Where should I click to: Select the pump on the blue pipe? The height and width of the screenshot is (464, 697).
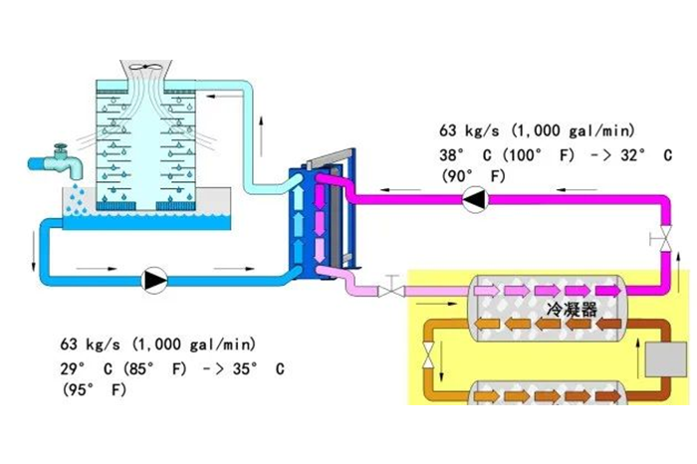154,281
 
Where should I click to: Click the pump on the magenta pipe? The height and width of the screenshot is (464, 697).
475,200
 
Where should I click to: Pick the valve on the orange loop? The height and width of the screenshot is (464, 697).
429,350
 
